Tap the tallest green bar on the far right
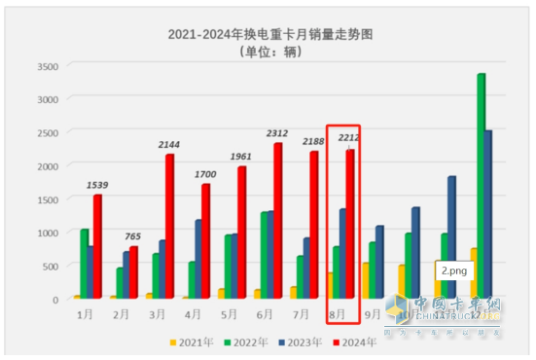point(481,185)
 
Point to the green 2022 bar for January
point(85,263)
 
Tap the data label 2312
point(275,133)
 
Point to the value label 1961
point(239,157)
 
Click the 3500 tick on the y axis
point(46,66)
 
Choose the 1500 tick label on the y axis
point(46,199)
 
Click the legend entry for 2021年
point(191,342)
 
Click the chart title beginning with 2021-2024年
point(268,33)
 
